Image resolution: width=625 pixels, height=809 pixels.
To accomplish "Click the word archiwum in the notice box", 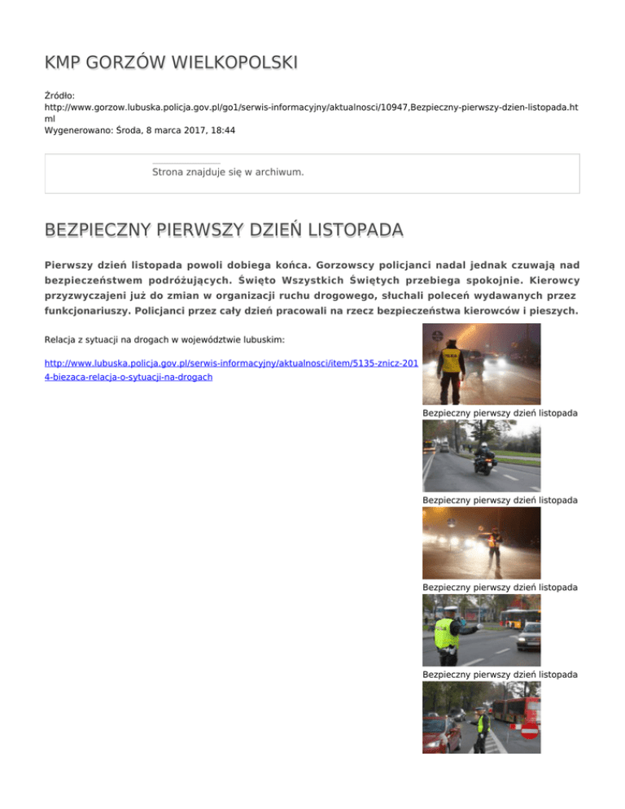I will (x=277, y=173).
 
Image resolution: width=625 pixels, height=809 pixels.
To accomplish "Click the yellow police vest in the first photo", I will (x=450, y=358).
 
